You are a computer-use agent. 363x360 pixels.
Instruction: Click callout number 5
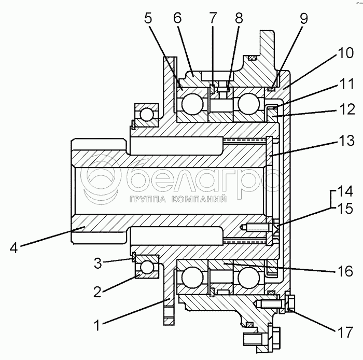click(148, 18)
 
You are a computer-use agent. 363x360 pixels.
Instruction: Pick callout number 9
click(303, 18)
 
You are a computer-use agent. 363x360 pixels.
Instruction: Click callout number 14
click(344, 191)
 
